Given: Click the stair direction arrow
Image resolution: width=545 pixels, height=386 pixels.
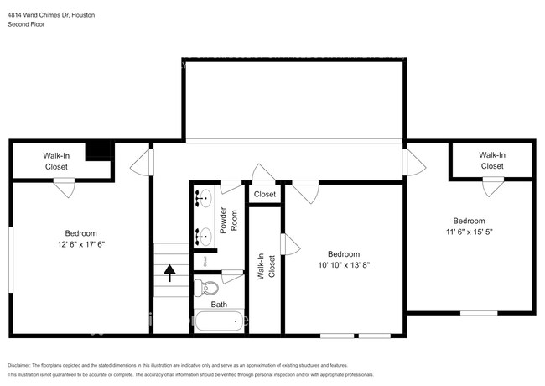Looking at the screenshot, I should [169, 271].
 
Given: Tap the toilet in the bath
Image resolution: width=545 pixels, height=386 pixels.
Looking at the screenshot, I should [204, 289].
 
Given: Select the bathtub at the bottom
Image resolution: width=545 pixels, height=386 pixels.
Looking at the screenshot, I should [219, 321].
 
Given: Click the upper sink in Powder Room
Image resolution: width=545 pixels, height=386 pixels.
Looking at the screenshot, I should [204, 200].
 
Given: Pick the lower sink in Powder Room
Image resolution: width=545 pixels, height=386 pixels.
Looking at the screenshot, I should [204, 236].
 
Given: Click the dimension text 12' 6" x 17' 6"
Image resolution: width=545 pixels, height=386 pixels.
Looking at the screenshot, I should [81, 244].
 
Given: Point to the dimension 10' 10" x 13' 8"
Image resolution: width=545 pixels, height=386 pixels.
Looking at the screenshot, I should [343, 265].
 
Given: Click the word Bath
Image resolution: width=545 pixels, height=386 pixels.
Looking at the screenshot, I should [219, 305].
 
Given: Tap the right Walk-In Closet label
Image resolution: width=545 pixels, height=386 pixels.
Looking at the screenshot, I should [492, 160].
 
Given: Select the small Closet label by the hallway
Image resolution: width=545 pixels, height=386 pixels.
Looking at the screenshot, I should [265, 194].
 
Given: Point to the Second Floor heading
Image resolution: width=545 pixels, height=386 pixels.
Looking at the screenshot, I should [26, 24].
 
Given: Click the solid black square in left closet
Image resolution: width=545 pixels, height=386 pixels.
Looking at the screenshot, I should [101, 150].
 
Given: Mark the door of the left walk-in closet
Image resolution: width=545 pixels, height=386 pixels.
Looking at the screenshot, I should [64, 188].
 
